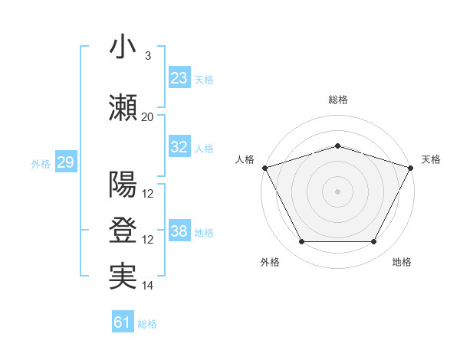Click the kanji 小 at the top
(x=123, y=47)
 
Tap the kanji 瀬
(x=123, y=108)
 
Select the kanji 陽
(x=123, y=185)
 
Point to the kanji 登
(x=123, y=231)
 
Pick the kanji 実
(x=123, y=277)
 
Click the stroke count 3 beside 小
(x=147, y=56)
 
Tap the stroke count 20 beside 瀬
(x=147, y=116)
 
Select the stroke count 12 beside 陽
(x=148, y=193)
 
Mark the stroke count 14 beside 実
(x=148, y=286)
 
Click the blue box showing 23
(x=179, y=77)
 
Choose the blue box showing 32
(x=179, y=147)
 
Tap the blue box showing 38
(x=179, y=231)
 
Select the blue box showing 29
(x=65, y=162)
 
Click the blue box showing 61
(x=122, y=322)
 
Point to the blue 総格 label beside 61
(x=147, y=324)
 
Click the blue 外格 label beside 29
(x=41, y=164)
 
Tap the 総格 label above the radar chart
(x=337, y=100)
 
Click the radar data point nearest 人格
(x=264, y=168)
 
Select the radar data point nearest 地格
(x=373, y=242)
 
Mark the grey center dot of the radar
(x=337, y=191)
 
